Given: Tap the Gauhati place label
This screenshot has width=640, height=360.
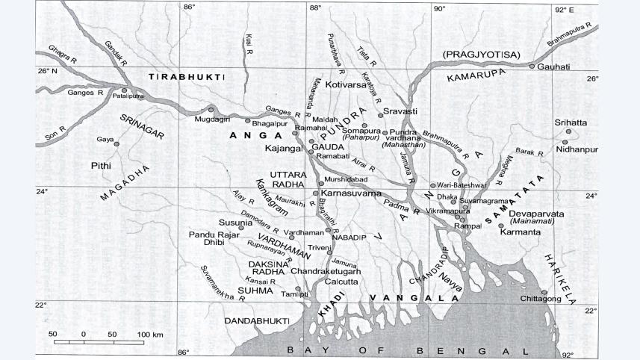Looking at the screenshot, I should [x=555, y=66].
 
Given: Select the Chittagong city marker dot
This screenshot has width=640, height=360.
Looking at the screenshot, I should [x=544, y=292].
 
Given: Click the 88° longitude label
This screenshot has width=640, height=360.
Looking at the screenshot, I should [x=315, y=8].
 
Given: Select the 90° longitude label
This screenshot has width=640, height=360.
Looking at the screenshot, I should [x=438, y=8].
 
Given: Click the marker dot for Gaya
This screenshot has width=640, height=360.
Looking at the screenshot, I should [x=116, y=143].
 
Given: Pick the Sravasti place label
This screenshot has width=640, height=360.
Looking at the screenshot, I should [x=400, y=111].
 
